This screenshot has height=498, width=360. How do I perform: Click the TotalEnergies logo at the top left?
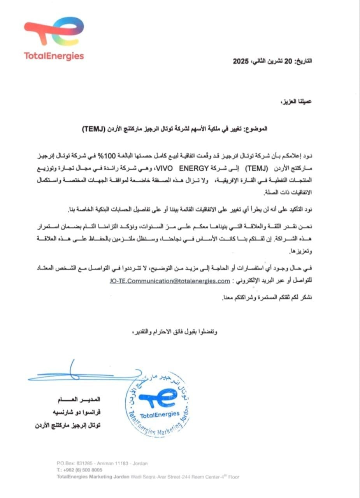click(54, 39)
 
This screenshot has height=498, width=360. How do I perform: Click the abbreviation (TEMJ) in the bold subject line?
click(95, 128)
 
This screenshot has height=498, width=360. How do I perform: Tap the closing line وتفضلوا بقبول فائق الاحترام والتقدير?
click(174, 332)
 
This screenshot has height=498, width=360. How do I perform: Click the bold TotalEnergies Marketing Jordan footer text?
click(92, 477)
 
